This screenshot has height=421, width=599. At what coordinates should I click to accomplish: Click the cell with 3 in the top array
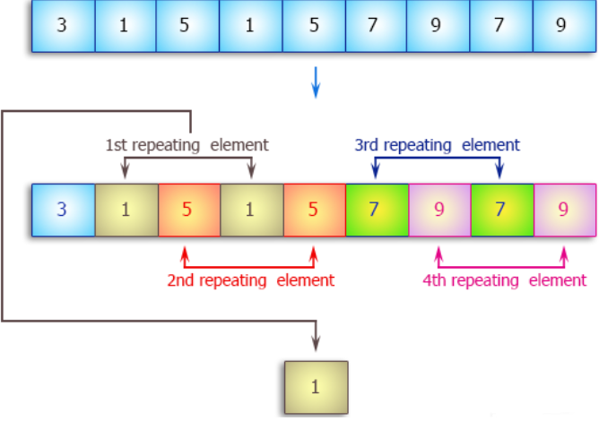click(62, 25)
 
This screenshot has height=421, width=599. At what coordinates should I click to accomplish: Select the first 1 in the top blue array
click(125, 25)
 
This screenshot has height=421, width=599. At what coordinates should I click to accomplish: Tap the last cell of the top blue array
click(561, 25)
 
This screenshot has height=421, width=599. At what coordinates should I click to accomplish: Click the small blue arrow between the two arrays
click(315, 83)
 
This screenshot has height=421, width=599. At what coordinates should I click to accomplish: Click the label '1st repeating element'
click(187, 144)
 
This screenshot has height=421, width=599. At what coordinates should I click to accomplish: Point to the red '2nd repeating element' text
click(250, 280)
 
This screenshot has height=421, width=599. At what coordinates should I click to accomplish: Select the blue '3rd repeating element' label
click(438, 144)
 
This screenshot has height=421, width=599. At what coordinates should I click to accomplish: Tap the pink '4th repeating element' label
click(504, 280)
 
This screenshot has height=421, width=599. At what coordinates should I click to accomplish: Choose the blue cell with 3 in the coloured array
click(62, 210)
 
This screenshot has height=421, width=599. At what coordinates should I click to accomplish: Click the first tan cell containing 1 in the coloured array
click(126, 210)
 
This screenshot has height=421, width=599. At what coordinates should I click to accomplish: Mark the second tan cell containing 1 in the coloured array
click(251, 210)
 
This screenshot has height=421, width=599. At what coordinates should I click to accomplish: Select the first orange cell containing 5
click(188, 210)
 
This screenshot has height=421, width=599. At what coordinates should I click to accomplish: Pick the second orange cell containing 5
click(314, 210)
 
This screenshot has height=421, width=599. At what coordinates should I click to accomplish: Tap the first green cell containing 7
click(377, 210)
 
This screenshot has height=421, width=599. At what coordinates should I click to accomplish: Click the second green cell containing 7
click(502, 210)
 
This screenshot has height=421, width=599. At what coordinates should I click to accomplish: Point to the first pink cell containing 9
click(439, 210)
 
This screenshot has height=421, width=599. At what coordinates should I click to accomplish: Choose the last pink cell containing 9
click(564, 210)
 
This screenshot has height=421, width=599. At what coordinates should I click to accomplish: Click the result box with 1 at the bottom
click(315, 386)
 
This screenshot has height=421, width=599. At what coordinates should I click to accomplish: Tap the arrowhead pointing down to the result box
click(315, 344)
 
